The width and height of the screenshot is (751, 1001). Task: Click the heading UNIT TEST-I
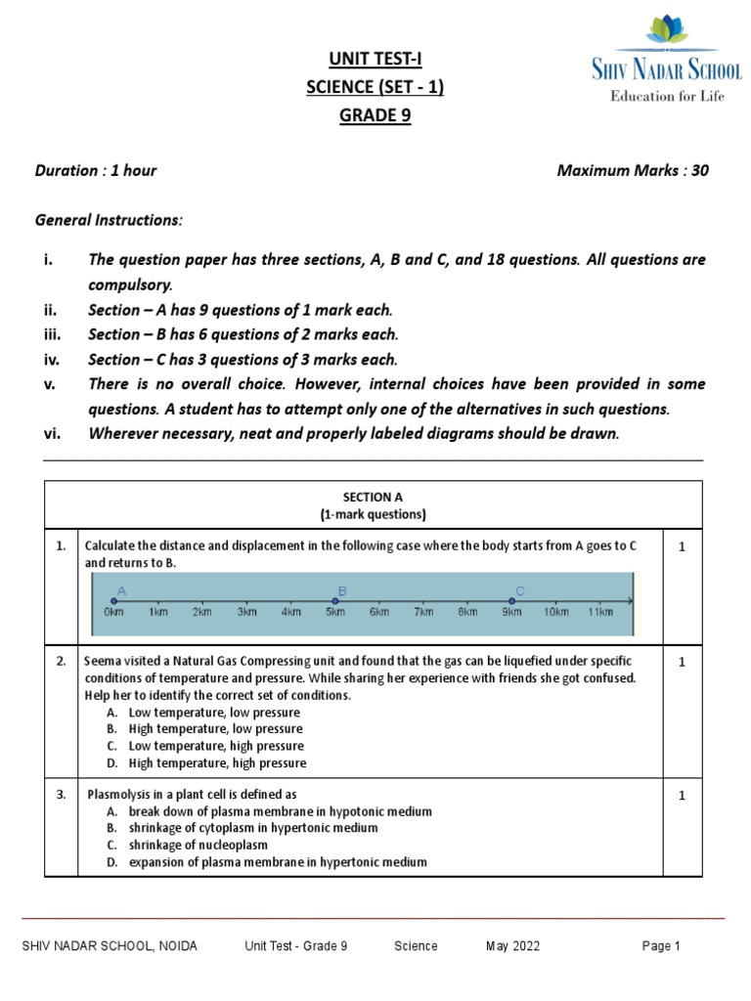[x=375, y=61]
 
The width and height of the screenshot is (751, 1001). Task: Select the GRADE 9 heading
[x=375, y=115]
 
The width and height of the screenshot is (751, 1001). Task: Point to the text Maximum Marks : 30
[x=633, y=170]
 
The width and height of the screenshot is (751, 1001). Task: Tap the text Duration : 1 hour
[x=96, y=170]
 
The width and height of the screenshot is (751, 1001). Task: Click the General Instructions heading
[x=109, y=220]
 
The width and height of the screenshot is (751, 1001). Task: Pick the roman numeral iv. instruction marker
[x=53, y=359]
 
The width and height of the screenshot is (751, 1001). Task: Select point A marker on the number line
[x=113, y=601]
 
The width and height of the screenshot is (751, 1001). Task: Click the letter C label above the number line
[x=519, y=590]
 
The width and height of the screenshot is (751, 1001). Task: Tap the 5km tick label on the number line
[x=334, y=613]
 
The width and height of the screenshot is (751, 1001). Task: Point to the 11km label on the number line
[x=599, y=613]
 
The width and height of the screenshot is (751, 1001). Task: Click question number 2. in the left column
[x=62, y=662]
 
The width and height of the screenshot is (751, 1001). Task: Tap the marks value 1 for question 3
[x=683, y=796]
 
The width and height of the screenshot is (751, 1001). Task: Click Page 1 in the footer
[x=661, y=946]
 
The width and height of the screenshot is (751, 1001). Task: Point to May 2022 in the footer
[x=512, y=946]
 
